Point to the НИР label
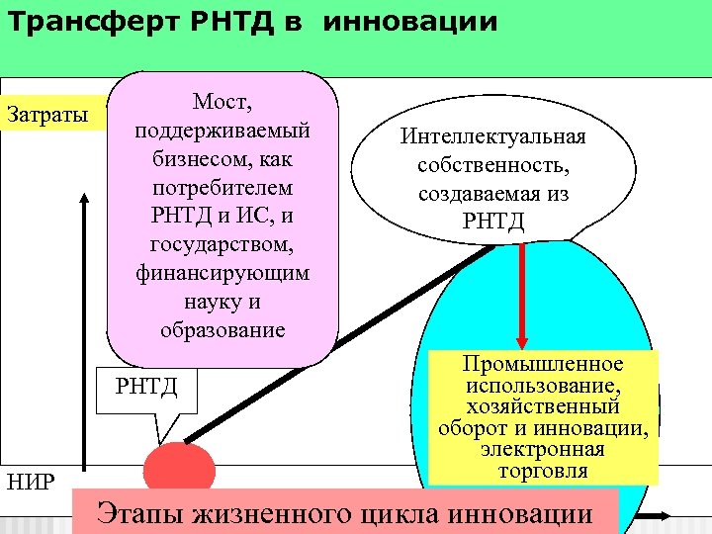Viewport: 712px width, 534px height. point(30,482)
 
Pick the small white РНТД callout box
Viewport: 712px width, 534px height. point(147,385)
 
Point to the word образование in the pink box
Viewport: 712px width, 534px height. point(222,329)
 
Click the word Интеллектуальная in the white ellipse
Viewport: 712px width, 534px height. point(493,135)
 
